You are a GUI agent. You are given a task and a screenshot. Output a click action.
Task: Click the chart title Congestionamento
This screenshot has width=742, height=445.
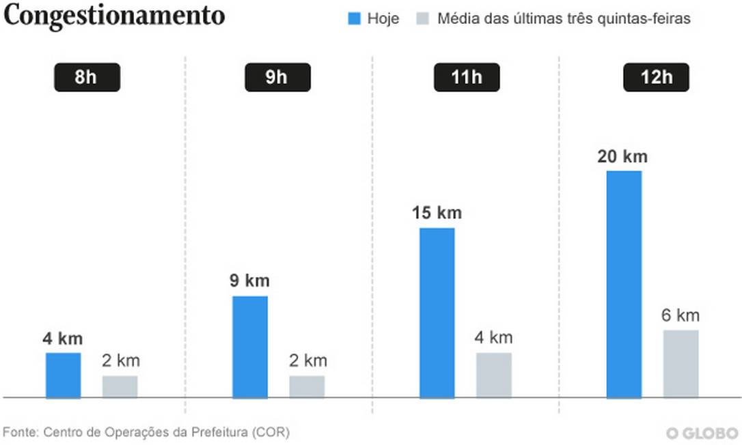coord(114,16)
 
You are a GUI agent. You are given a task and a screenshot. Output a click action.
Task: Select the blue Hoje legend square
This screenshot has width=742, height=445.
coord(354,19)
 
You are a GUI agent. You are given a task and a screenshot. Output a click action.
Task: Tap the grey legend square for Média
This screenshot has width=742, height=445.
coord(422,19)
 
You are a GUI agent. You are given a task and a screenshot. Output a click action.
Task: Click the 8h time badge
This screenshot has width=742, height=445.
coord(87,78)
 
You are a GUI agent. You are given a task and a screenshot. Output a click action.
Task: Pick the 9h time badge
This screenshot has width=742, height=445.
coord(277,78)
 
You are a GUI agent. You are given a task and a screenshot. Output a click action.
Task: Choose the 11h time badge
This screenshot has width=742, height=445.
coord(467,78)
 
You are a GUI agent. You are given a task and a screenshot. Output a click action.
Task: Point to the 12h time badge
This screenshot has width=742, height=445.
coord(656,78)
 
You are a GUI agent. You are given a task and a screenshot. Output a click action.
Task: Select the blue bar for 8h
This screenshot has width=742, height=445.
coord(63,375)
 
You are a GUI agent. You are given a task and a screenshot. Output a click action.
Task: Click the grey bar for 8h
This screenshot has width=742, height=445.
coord(120,386)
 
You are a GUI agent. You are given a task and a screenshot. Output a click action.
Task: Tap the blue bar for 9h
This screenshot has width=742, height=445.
coord(250,346)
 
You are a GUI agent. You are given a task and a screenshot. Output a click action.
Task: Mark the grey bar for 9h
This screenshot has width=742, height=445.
coord(307,386)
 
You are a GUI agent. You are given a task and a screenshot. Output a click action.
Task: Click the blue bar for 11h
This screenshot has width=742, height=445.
coord(437,312)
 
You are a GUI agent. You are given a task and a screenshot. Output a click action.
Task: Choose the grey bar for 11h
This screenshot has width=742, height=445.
coord(493,375)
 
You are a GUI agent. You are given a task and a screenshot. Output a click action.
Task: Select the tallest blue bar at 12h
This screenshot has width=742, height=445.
coord(624,283)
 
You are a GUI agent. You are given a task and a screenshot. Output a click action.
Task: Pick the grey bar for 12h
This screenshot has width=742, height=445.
coord(681,363)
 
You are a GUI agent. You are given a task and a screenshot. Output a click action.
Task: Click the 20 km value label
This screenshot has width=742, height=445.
coord(622,157)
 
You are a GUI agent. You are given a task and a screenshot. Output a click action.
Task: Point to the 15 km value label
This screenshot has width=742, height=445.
coord(437,213)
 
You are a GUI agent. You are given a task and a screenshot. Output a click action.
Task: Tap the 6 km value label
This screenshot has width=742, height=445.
coord(681,315)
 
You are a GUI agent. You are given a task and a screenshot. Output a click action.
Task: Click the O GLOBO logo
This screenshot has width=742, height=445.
coord(702,433)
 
